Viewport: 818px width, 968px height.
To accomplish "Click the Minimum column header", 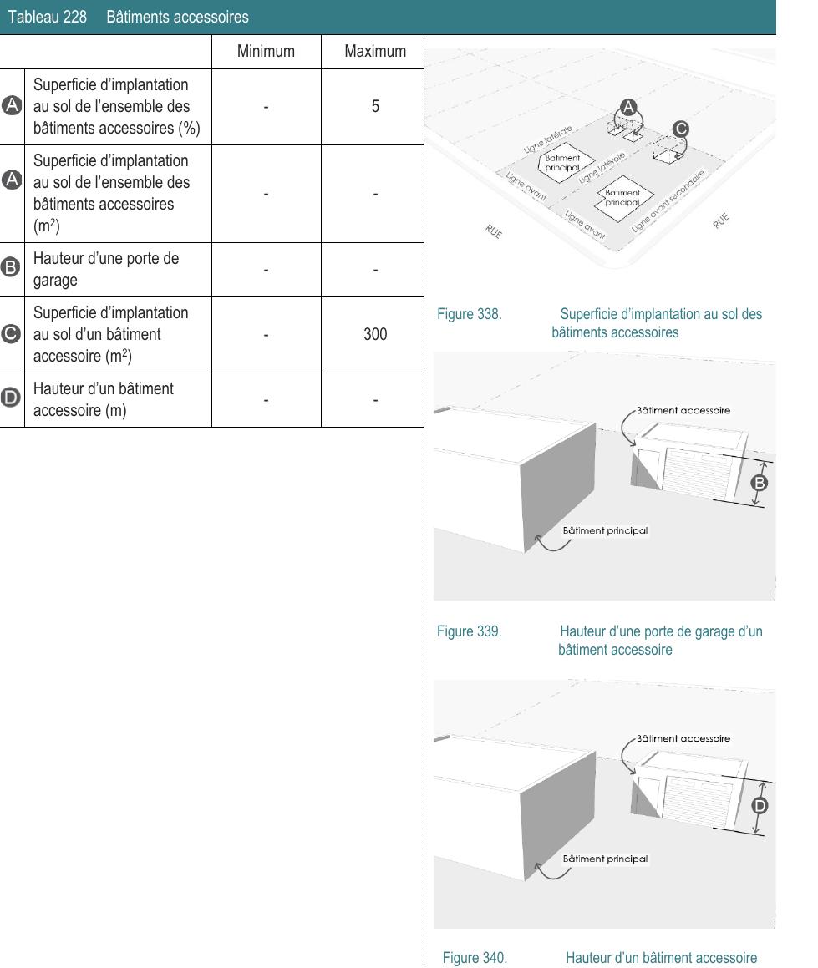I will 266,52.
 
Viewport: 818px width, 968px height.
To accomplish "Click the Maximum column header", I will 375,52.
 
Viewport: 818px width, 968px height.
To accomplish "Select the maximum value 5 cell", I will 375,107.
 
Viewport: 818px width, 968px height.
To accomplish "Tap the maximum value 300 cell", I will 375,335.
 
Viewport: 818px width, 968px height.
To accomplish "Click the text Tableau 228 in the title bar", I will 47,17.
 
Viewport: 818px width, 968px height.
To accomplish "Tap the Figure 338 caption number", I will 469,315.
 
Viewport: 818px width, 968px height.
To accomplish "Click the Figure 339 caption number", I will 469,631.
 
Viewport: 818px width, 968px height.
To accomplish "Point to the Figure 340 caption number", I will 475,958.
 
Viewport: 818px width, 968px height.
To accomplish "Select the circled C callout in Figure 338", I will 681,129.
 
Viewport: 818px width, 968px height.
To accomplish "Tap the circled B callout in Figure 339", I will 760,482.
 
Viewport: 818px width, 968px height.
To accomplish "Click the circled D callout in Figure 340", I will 760,805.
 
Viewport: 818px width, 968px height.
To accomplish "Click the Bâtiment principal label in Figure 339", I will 605,530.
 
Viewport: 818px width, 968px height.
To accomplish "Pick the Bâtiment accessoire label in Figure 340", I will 683,738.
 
